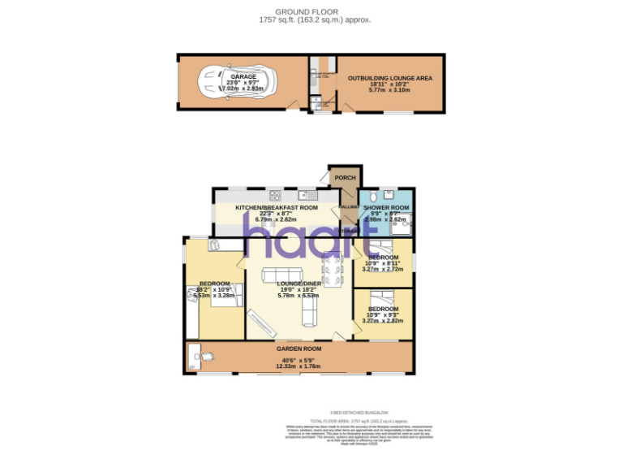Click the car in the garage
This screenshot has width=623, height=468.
click(x=238, y=81)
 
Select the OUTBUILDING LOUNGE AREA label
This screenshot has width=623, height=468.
click(x=389, y=77)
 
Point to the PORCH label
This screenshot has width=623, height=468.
click(x=346, y=177)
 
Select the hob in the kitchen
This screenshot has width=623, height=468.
click(x=275, y=194)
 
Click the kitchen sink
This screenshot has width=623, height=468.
click(x=308, y=194)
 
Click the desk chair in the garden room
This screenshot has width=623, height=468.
click(x=208, y=356)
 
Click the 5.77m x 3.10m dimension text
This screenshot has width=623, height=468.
click(x=389, y=90)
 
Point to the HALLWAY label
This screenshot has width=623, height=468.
click(x=349, y=207)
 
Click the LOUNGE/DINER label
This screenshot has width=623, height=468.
click(x=300, y=284)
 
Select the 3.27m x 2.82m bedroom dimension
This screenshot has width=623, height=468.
click(x=383, y=321)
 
